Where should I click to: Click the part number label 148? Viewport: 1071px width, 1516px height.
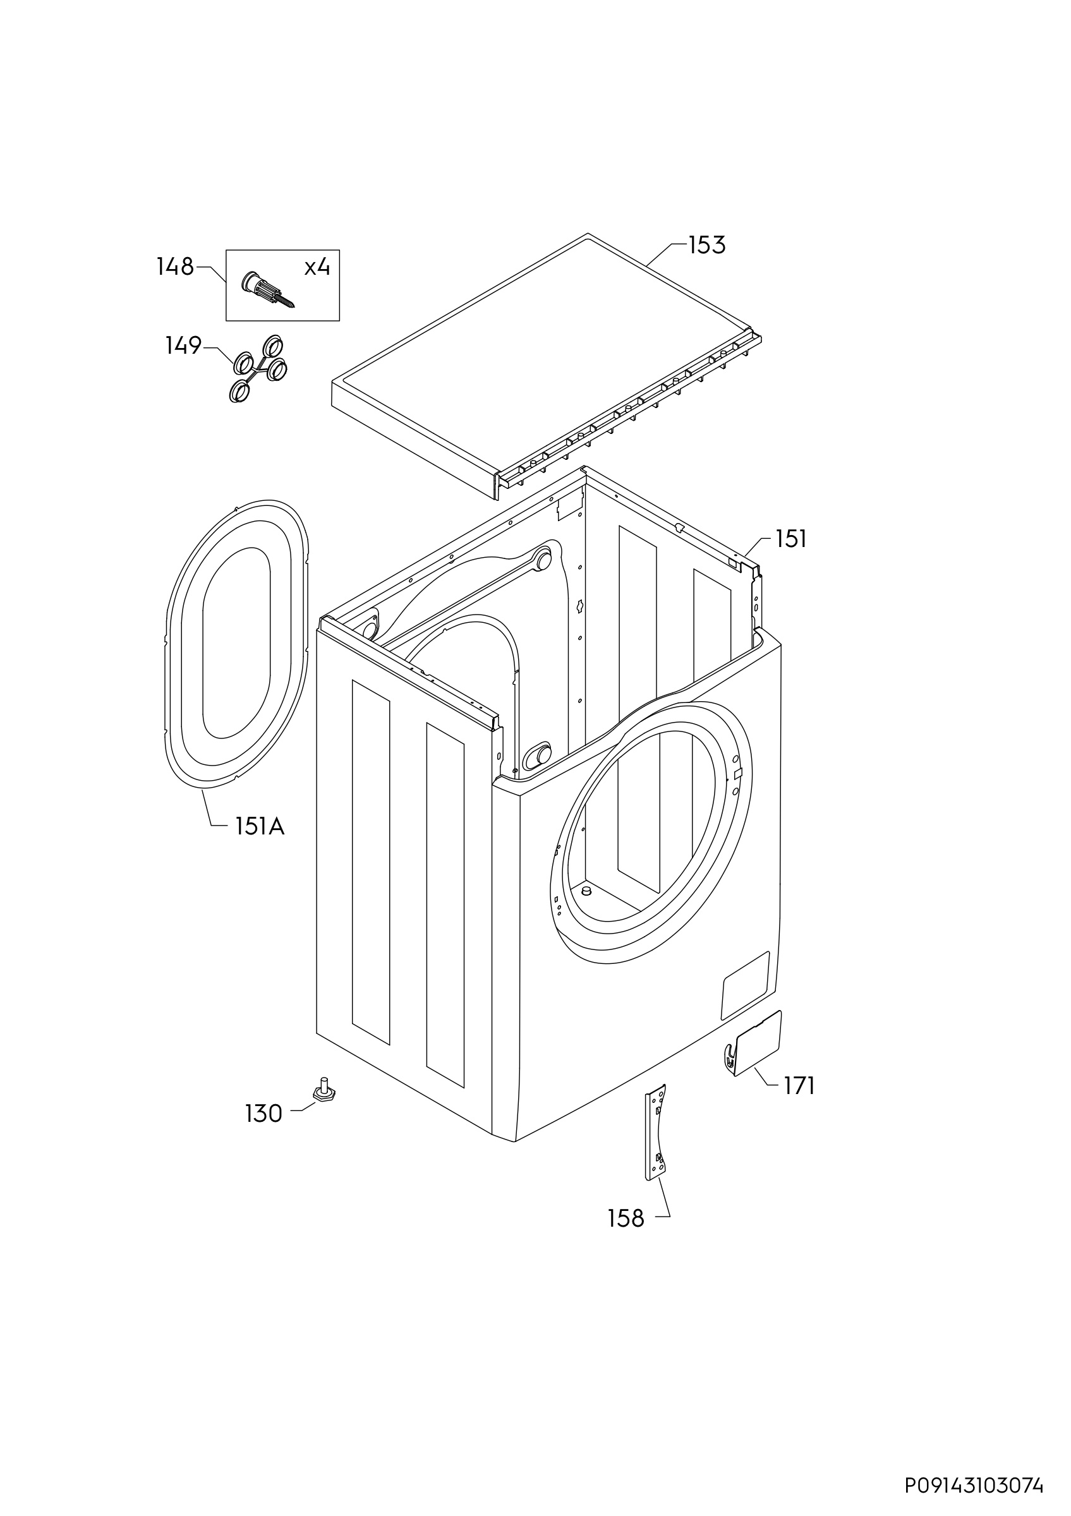point(175,267)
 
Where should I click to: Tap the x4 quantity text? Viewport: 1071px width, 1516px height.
point(317,267)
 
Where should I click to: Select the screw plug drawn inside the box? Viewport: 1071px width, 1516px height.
point(268,289)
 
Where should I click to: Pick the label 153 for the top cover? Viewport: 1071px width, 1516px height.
point(706,245)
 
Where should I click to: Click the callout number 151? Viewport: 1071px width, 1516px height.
point(791,539)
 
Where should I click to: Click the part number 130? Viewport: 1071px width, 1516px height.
point(263,1114)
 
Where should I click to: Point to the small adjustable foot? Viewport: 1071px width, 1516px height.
point(323,1090)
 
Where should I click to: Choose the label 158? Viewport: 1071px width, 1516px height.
point(626,1218)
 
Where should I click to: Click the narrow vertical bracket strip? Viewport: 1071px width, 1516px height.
point(656,1131)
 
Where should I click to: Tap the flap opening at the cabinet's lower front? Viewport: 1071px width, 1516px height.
point(746,986)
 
